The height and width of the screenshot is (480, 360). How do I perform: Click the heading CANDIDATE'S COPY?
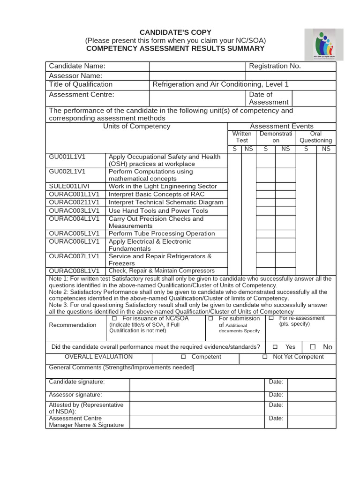[175, 32]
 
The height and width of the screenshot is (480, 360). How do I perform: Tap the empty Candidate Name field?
[197, 66]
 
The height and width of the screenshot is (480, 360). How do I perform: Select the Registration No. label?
[275, 66]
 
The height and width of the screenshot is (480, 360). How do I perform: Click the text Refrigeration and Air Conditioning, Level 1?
[220, 84]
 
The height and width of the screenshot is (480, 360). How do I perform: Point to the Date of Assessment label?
[268, 98]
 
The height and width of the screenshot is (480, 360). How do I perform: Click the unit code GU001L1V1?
[68, 157]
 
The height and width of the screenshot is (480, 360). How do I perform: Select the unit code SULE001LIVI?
[69, 186]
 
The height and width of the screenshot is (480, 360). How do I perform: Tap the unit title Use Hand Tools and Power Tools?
[158, 210]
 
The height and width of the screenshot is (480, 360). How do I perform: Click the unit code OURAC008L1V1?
[74, 271]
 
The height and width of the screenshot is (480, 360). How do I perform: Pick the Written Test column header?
[242, 137]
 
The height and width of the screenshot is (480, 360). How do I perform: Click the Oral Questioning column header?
[315, 137]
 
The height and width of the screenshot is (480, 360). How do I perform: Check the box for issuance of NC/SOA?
[114, 319]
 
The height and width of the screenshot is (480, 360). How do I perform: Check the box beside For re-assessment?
[271, 318]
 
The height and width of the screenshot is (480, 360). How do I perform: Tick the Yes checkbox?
[275, 347]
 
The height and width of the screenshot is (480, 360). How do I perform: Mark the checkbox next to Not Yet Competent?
[265, 357]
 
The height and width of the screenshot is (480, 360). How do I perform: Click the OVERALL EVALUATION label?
[92, 357]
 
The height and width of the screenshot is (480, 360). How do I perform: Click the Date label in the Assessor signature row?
[276, 395]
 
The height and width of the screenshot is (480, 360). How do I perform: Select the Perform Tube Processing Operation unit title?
[161, 233]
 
